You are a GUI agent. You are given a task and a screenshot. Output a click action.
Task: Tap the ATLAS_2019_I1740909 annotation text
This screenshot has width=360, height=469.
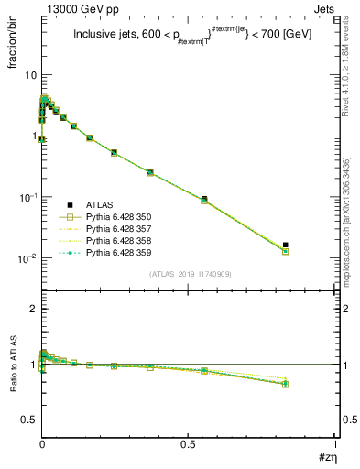(190, 274)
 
